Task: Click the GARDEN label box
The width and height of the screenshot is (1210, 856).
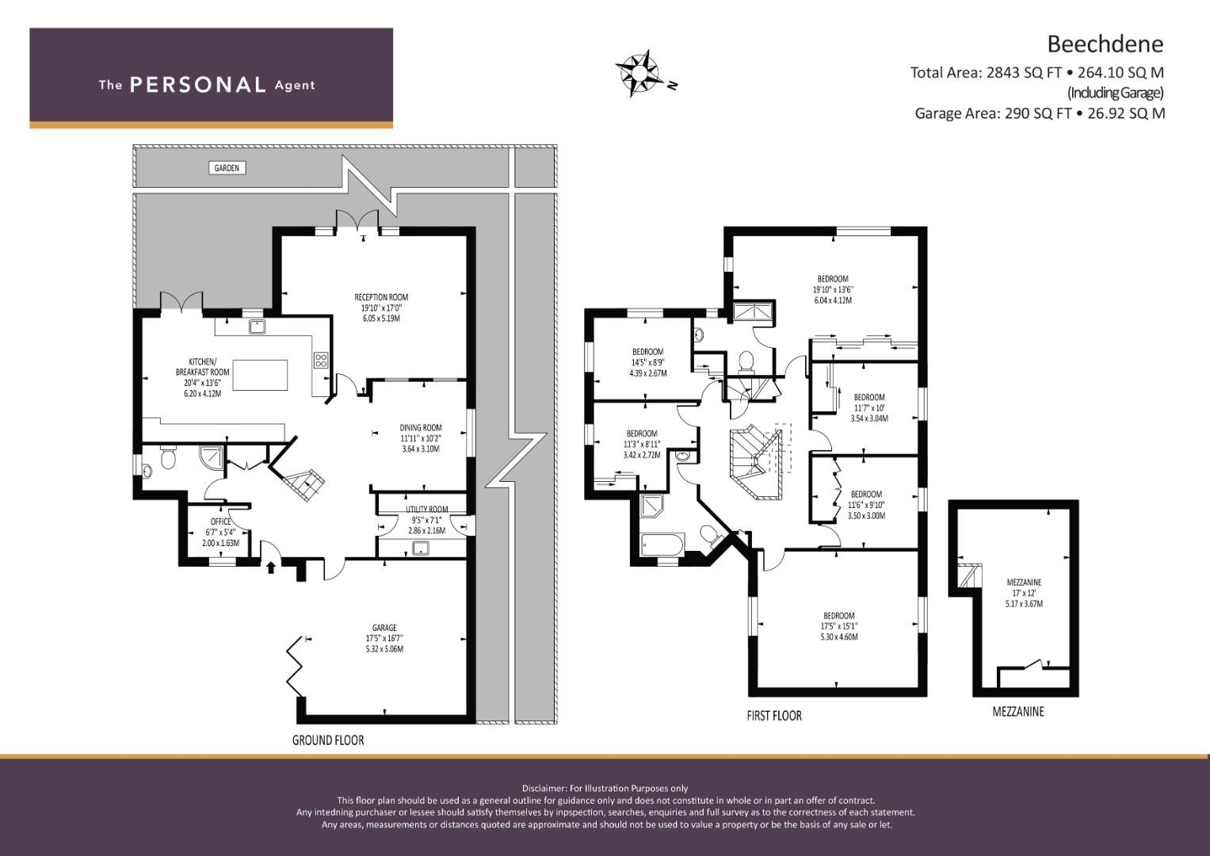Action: (227, 168)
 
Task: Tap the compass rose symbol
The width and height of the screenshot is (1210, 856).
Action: (639, 73)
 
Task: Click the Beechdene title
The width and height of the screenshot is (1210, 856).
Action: (1105, 44)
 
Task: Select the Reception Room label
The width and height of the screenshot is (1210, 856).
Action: (381, 308)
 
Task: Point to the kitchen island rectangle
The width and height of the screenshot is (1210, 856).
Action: (260, 374)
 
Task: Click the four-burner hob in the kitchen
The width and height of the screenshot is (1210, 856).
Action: (320, 361)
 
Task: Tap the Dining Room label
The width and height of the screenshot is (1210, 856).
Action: (421, 438)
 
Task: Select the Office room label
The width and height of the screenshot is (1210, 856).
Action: (220, 533)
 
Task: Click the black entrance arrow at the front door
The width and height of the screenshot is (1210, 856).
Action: (271, 566)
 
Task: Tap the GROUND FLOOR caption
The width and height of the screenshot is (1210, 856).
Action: (328, 739)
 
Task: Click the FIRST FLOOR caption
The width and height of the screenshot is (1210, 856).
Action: (774, 716)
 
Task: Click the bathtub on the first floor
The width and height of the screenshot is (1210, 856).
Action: (662, 545)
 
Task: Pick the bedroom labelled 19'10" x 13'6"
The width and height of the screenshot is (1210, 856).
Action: (832, 289)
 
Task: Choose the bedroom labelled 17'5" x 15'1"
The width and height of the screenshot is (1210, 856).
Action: (839, 626)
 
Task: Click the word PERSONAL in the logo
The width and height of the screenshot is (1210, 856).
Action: (198, 85)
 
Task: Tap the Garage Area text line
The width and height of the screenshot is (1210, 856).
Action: (1040, 113)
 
